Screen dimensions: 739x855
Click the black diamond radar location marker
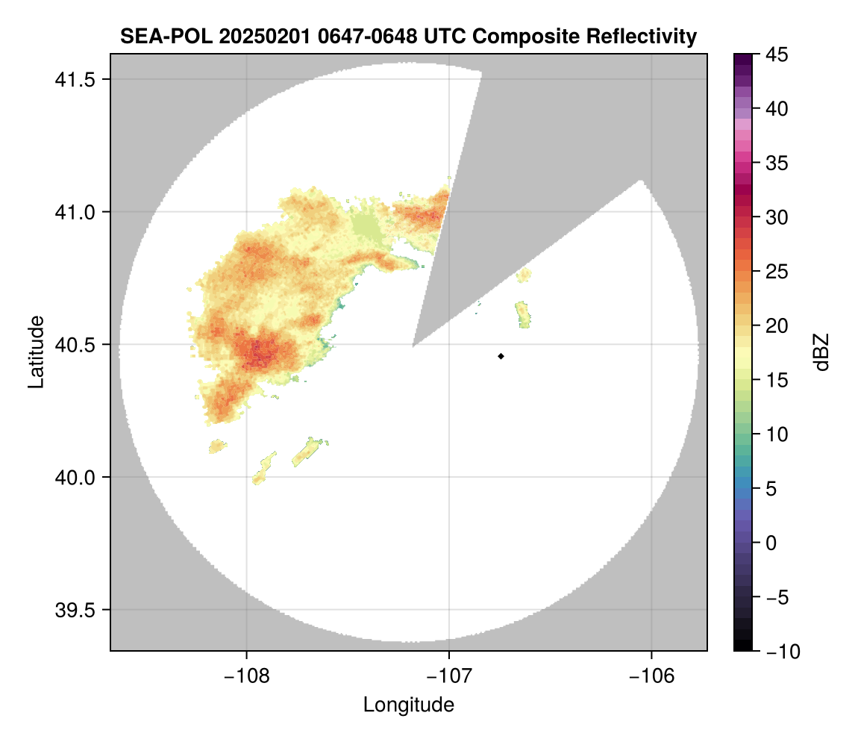coord(501,356)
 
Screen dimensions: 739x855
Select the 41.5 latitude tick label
coord(75,80)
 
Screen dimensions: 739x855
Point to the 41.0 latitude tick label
coord(75,212)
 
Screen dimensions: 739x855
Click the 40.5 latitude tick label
coord(75,345)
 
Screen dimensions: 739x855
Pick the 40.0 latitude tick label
coord(75,477)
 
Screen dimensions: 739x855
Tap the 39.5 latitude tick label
coord(75,610)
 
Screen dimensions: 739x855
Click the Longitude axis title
coord(409,705)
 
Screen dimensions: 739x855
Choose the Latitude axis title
coord(35,352)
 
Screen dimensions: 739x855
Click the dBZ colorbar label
coord(821,352)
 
